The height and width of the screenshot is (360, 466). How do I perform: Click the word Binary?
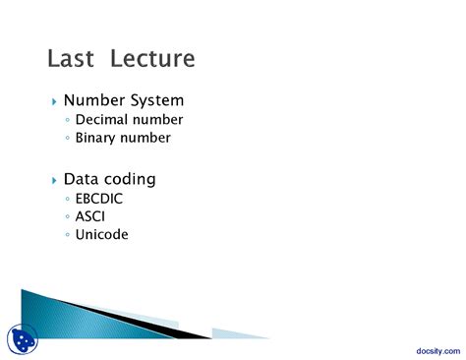point(97,138)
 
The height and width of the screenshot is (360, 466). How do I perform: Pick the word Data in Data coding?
point(82,180)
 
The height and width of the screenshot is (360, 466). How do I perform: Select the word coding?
point(130,181)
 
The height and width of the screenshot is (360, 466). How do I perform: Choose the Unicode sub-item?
point(102,235)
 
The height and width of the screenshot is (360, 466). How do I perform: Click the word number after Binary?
point(146,138)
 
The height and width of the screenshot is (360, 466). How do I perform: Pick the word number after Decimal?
point(158,120)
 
